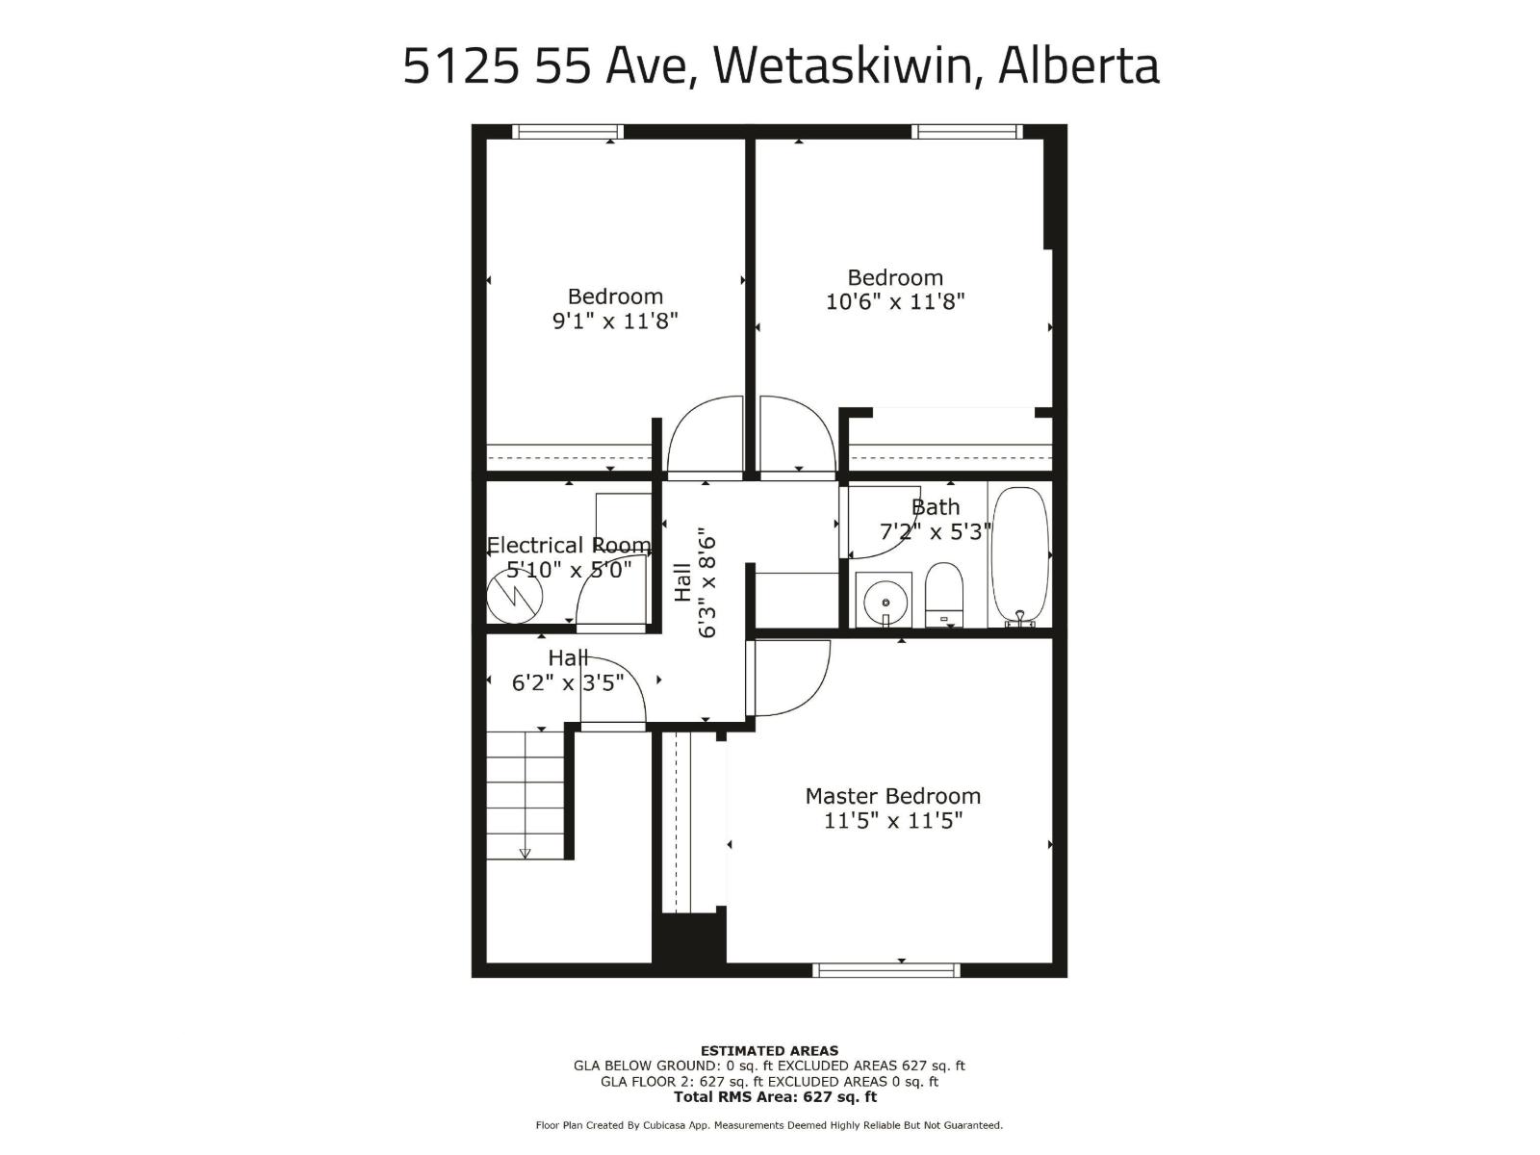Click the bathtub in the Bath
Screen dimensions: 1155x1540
[1019, 556]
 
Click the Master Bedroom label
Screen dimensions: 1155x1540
[892, 796]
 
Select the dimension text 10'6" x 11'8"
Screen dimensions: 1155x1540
[895, 301]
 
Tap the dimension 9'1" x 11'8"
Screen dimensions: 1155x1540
[615, 321]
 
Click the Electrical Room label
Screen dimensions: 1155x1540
[568, 545]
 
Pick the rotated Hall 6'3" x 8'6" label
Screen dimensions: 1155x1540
[695, 581]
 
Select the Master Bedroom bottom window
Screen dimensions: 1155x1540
[885, 969]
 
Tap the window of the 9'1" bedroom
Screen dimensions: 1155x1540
[568, 132]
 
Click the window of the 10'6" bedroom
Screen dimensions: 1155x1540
[966, 132]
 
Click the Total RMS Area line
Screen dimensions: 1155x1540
[775, 1096]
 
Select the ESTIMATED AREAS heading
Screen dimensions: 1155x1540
[769, 1050]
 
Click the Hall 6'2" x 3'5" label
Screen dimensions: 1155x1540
[568, 671]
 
